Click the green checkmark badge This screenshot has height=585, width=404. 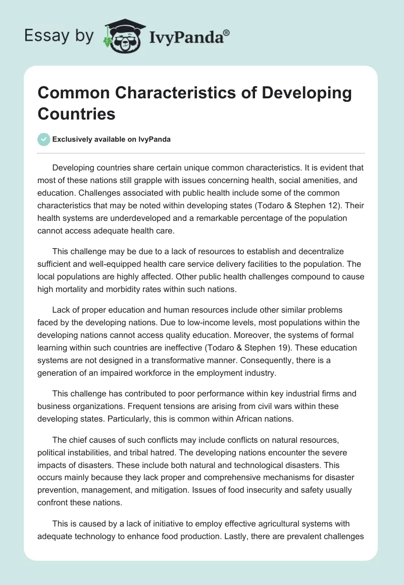(x=44, y=139)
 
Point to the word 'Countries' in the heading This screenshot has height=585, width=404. (x=76, y=113)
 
